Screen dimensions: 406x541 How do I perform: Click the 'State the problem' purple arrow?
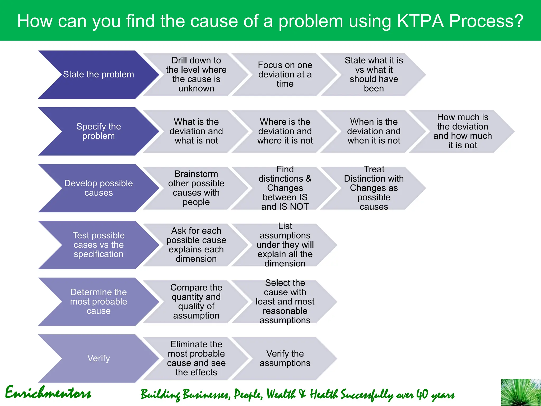[x=98, y=75]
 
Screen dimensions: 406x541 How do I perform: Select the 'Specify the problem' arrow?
[x=98, y=131]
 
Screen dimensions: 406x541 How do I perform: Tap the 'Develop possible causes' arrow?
[x=98, y=188]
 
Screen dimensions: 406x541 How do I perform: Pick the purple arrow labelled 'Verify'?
[x=98, y=358]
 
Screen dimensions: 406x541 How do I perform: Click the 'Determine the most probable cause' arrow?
[x=98, y=302]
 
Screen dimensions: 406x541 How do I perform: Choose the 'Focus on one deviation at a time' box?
[x=285, y=75]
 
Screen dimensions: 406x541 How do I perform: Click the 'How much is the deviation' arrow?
[x=462, y=131]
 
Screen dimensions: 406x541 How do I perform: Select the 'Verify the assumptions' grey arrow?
[x=285, y=358]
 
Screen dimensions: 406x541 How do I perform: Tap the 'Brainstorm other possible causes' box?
[x=196, y=188]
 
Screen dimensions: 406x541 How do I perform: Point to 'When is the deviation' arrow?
[x=374, y=131]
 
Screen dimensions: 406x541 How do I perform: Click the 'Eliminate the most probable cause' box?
[x=196, y=358]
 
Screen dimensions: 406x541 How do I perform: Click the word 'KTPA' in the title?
[x=420, y=21]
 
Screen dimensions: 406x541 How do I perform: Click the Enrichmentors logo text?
[x=48, y=393]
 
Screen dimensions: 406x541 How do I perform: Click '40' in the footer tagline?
[x=422, y=394]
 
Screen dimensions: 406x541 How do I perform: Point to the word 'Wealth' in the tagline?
[x=281, y=394]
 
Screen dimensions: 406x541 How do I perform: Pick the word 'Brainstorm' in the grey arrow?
[x=196, y=174]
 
